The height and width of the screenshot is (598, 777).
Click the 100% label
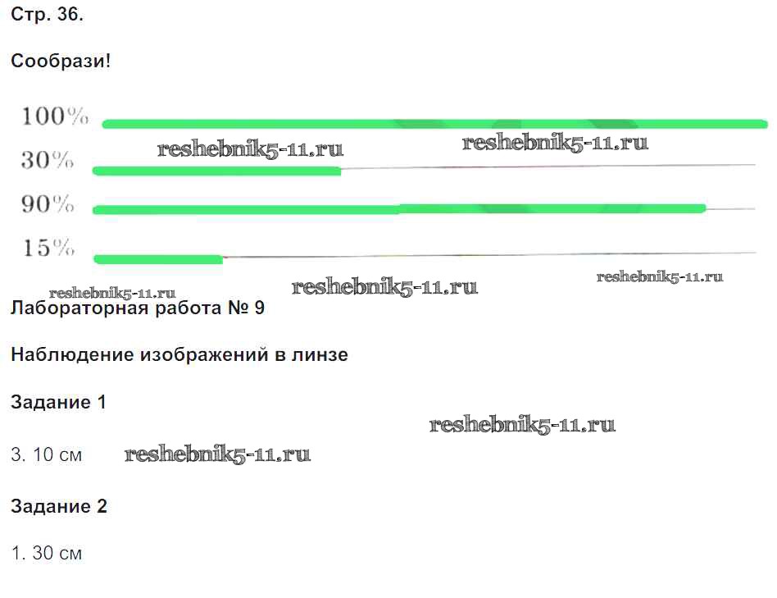[x=55, y=116]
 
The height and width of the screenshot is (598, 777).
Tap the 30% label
[x=48, y=160]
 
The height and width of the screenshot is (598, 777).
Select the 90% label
[x=48, y=203]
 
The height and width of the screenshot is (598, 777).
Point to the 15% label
[x=48, y=248]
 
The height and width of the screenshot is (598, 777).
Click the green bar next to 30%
[x=216, y=171]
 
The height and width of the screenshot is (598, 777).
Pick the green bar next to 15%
[x=158, y=259]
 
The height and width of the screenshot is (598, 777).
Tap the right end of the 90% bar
[x=706, y=208]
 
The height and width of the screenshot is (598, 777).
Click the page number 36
[x=70, y=15]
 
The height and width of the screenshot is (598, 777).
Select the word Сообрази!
[x=61, y=61]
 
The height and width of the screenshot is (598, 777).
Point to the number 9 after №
[x=259, y=308]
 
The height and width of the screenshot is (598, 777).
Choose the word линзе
[x=320, y=354]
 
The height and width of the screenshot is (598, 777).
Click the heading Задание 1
[x=58, y=402]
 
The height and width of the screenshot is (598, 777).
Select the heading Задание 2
[x=59, y=506]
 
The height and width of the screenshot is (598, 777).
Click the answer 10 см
[x=57, y=454]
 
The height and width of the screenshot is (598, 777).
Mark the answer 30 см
[x=57, y=553]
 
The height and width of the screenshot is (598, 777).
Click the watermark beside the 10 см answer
[x=217, y=454]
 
